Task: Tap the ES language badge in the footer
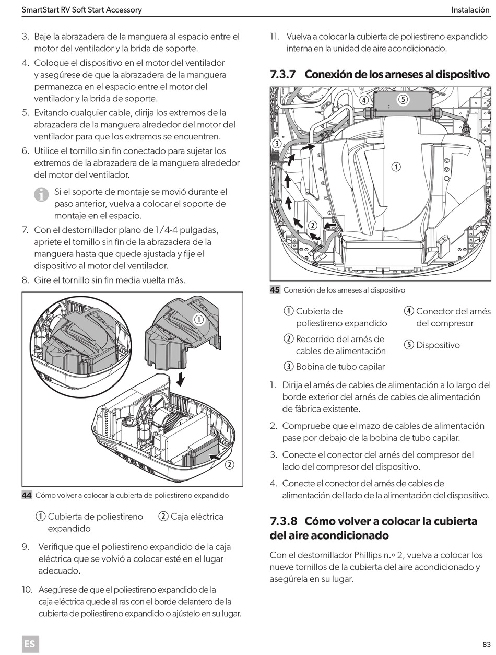[30, 644]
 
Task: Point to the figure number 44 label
[27, 495]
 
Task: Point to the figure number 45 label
[275, 290]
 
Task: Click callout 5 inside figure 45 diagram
[403, 100]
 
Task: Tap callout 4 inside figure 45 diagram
[364, 100]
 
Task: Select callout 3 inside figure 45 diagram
[277, 144]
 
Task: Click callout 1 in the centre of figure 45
[396, 167]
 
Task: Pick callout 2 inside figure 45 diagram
[313, 226]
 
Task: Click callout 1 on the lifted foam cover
[198, 319]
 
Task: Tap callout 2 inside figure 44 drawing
[229, 464]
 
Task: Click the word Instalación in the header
[470, 10]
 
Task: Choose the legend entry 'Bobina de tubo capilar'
[340, 366]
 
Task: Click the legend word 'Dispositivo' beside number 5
[438, 345]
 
